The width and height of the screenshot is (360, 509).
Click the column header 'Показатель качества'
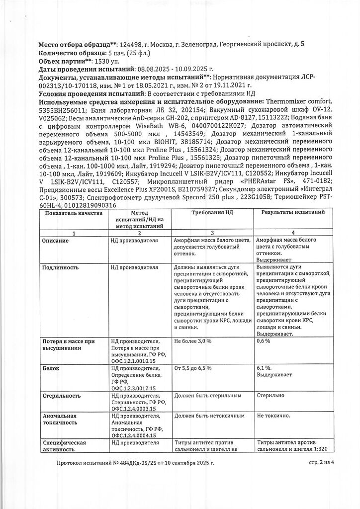(x=73, y=213)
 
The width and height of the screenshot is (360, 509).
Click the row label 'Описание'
(x=55, y=241)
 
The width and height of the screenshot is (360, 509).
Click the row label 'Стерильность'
(x=62, y=396)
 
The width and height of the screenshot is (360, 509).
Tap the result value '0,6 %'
(x=264, y=341)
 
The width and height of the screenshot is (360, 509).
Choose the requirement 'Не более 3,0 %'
(x=193, y=341)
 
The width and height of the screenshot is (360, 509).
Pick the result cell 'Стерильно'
(x=271, y=396)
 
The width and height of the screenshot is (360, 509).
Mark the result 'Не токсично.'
(x=274, y=415)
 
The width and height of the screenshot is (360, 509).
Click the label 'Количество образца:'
(x=70, y=53)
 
